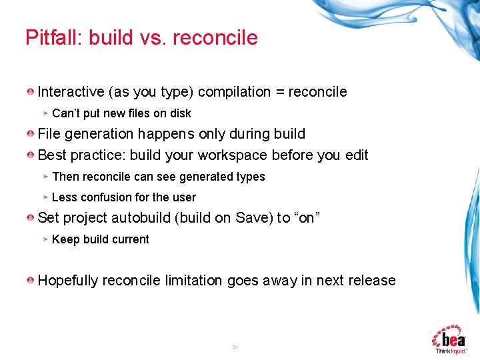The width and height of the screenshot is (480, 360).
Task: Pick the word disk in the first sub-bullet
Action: [179, 113]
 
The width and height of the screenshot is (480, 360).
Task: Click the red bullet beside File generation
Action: [31, 134]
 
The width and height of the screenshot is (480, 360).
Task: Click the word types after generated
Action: [249, 177]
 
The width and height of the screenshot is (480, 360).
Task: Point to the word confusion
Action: [106, 197]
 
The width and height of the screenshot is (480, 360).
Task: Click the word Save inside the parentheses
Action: [250, 218]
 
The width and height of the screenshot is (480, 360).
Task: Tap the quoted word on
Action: [307, 218]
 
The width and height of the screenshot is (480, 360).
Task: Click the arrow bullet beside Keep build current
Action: [45, 239]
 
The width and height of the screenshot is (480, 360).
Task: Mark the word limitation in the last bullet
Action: [193, 281]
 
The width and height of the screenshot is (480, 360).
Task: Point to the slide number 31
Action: [235, 347]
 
